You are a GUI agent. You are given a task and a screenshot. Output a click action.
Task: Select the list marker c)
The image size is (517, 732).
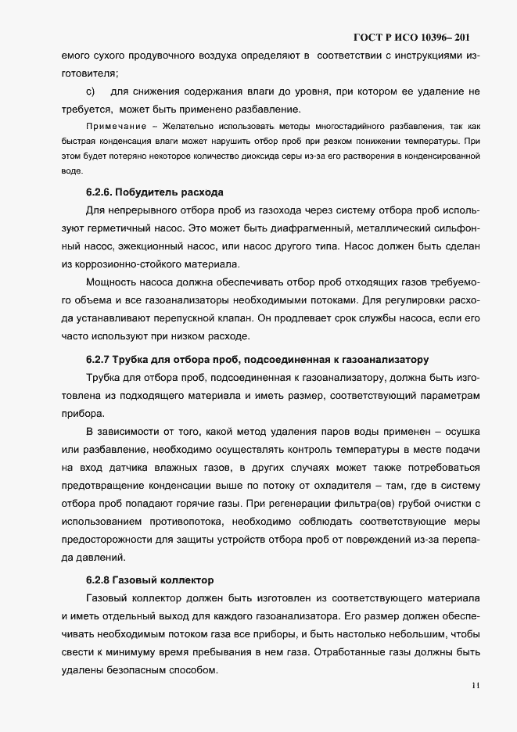(x=90, y=92)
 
